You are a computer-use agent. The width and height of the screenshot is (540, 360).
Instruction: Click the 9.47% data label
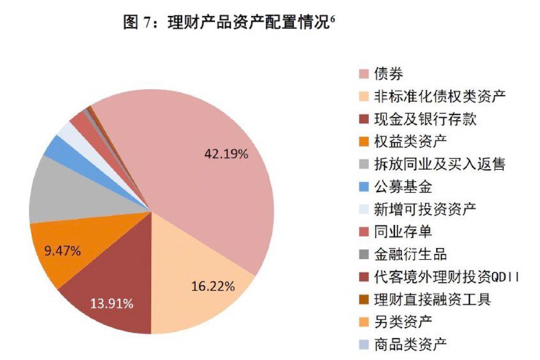[63, 251]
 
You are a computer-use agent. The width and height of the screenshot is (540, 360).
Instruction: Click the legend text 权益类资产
[410, 141]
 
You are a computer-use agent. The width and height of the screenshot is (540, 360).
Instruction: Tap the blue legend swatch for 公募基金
[364, 186]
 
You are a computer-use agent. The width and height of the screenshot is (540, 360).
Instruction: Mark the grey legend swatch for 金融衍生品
[364, 254]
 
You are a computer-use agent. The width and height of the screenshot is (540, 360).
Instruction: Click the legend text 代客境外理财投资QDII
[446, 276]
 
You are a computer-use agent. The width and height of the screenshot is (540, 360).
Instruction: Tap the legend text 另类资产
[403, 321]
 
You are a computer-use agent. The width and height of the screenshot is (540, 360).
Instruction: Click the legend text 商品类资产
[410, 343]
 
